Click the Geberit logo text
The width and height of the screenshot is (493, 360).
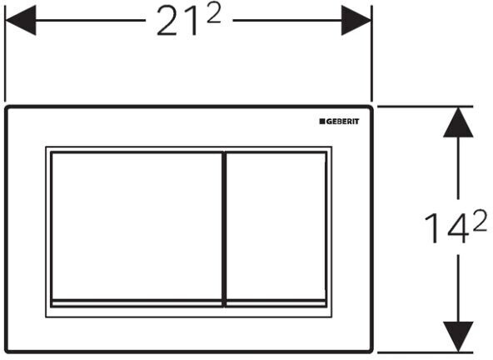pos(342,122)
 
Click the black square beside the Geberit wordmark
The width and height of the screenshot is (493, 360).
pos(322,122)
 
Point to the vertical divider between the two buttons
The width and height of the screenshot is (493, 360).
pos(224,229)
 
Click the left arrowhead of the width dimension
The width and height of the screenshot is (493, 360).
pos(21,21)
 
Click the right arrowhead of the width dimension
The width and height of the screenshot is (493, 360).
pos(356,21)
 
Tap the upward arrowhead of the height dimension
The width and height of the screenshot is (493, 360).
pos(458,122)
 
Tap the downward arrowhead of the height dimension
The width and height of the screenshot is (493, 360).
pos(458,337)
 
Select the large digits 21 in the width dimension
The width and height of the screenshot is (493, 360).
pos(177,21)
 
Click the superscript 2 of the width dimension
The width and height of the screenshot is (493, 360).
pos(214,15)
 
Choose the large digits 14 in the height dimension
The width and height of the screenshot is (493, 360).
pos(446,227)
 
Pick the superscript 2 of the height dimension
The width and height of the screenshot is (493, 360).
pos(480,221)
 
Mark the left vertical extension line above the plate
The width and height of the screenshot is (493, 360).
pos(5,53)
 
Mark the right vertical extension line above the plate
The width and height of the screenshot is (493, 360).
pos(372,53)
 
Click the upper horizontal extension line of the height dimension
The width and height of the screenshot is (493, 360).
pos(425,107)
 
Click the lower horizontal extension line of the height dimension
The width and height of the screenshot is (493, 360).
pos(425,352)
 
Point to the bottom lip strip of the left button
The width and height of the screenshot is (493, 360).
pos(137,302)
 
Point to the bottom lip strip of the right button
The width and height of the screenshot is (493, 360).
pos(276,302)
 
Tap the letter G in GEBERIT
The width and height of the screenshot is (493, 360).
pos(328,122)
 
